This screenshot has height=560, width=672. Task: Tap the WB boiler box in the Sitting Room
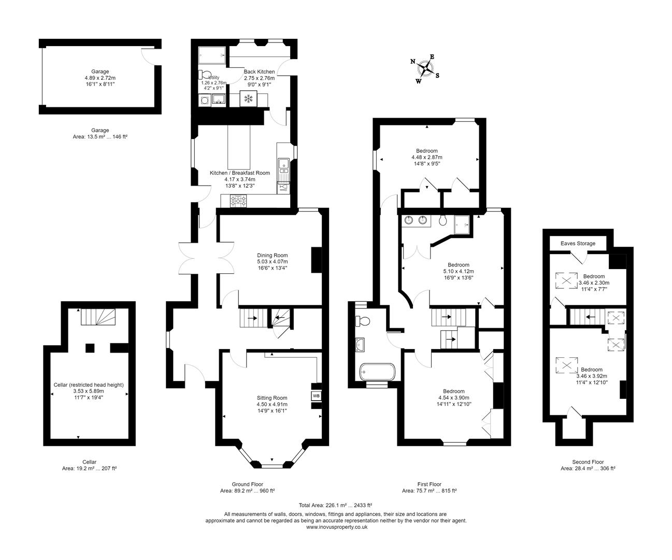coord(316,396)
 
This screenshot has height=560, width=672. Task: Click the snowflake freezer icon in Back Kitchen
coord(248,99)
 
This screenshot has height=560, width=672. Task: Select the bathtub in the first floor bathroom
coord(377,372)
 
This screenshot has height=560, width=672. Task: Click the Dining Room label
coord(272,255)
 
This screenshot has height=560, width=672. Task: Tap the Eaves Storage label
coord(578,243)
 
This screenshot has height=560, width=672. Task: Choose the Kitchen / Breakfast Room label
coord(239,173)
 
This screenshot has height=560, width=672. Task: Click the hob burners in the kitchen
coord(239,201)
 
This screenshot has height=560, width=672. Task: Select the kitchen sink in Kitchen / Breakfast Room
coord(283,165)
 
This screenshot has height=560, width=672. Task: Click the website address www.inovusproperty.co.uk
coord(337,527)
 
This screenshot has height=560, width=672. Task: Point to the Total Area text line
coord(335,505)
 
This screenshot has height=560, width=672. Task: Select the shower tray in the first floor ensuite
coord(463,223)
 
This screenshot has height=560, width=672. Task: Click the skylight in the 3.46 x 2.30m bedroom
coord(566,281)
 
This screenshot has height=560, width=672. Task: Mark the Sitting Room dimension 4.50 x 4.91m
coord(271,404)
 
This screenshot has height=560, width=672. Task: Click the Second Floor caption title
coord(588,462)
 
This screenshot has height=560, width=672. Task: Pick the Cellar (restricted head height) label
coord(89,385)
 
